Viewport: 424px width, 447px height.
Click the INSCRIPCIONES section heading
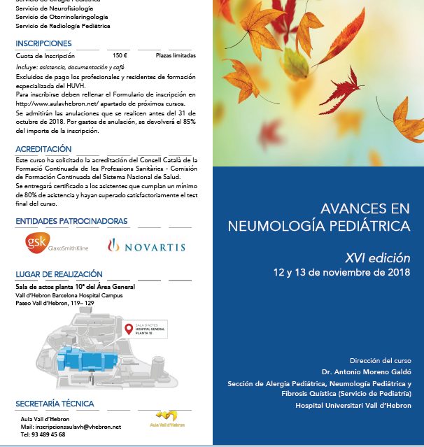pyautogui.click(x=43, y=43)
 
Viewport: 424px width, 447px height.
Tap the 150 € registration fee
pyautogui.click(x=120, y=55)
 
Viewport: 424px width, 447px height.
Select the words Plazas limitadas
pyautogui.click(x=176, y=55)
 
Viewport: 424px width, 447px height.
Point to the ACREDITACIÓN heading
pyautogui.click(x=43, y=149)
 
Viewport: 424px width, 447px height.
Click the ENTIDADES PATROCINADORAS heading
pyautogui.click(x=71, y=221)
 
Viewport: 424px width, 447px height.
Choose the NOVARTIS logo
pyautogui.click(x=146, y=246)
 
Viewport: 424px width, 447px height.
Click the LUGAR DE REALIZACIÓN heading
pyautogui.click(x=59, y=274)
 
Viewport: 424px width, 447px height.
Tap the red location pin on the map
pyautogui.click(x=128, y=329)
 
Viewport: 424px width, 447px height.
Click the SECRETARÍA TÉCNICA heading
pyautogui.click(x=55, y=404)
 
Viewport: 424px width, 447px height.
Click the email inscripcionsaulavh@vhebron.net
pyautogui.click(x=71, y=426)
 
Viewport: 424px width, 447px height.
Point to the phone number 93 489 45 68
pyautogui.click(x=43, y=434)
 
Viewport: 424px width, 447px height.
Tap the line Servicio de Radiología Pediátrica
pyautogui.click(x=63, y=26)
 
